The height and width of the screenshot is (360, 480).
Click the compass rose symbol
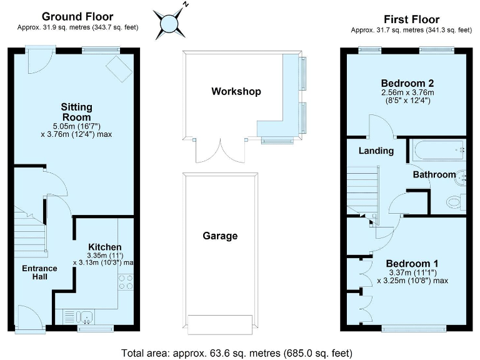click(x=171, y=23)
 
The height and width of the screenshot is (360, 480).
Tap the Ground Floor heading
click(x=77, y=17)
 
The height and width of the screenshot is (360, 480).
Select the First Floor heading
click(x=411, y=19)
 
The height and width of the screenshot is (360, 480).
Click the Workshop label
click(x=236, y=91)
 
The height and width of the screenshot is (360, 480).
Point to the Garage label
click(x=219, y=236)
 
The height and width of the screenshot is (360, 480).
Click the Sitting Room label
click(x=76, y=112)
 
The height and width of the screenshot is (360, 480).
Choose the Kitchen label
click(x=104, y=246)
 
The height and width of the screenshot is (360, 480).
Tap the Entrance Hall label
click(x=40, y=272)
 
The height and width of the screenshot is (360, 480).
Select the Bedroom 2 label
click(x=407, y=83)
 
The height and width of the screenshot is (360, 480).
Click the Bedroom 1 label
click(x=407, y=263)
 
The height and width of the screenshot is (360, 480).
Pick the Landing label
click(x=376, y=151)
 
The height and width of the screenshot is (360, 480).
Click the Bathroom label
click(x=434, y=174)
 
